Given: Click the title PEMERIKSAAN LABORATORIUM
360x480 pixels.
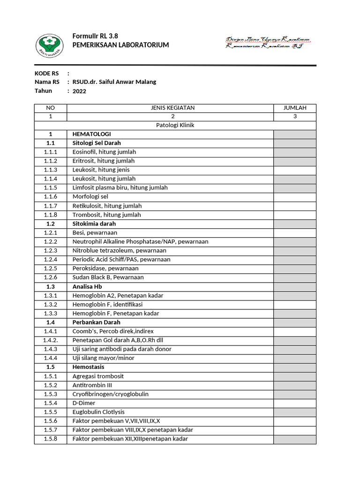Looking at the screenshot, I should pyautogui.click(x=120, y=45).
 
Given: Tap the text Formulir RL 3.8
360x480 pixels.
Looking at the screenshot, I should pyautogui.click(x=95, y=37).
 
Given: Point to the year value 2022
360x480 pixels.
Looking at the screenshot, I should pyautogui.click(x=80, y=91).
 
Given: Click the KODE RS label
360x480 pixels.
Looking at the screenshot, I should pyautogui.click(x=47, y=73).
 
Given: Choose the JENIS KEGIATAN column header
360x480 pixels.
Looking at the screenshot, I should pyautogui.click(x=172, y=108).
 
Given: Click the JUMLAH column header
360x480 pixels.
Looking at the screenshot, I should pyautogui.click(x=295, y=108).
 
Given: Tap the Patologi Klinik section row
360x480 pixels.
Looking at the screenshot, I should pyautogui.click(x=175, y=125).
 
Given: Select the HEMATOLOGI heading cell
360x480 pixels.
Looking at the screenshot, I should pyautogui.click(x=92, y=134).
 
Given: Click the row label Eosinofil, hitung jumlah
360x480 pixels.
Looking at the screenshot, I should pyautogui.click(x=104, y=152).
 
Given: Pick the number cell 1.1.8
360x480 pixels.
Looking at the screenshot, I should pyautogui.click(x=51, y=215).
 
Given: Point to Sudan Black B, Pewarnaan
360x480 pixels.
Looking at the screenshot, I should pyautogui.click(x=108, y=277).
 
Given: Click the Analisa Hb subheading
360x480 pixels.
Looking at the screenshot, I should pyautogui.click(x=87, y=286).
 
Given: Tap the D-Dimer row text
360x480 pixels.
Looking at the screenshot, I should pyautogui.click(x=84, y=403).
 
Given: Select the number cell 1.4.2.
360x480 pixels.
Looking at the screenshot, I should pyautogui.click(x=51, y=340).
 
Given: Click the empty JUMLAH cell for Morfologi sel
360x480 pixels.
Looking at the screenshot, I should pyautogui.click(x=295, y=197).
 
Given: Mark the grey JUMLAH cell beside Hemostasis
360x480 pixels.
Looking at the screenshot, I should pyautogui.click(x=295, y=367).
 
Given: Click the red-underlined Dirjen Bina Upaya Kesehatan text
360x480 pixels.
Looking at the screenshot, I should pyautogui.click(x=267, y=40).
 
